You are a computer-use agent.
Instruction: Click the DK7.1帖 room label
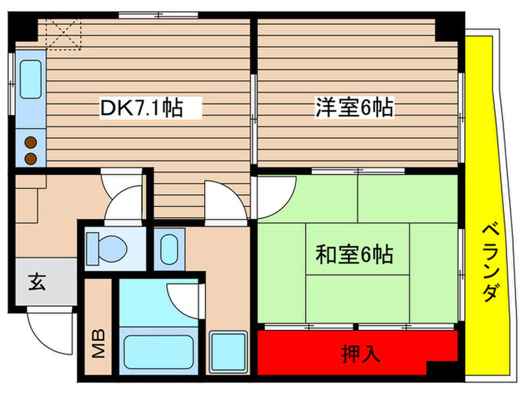tap(142, 109)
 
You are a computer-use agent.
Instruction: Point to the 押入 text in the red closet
tap(358, 352)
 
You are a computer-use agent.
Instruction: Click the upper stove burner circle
tap(31, 140)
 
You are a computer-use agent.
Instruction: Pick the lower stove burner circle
tap(31, 158)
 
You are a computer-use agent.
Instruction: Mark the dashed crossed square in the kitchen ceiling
tap(64, 34)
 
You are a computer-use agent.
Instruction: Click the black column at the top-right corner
tap(449, 27)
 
